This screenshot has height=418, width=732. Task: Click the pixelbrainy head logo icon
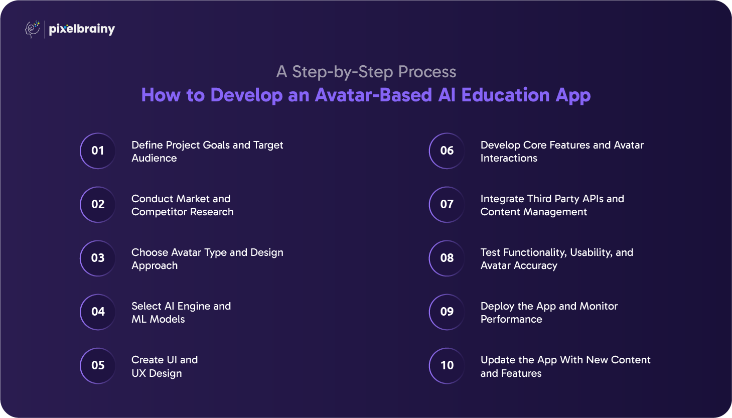(x=32, y=29)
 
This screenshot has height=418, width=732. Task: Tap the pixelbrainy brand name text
(x=82, y=30)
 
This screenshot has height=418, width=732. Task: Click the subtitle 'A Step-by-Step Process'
(x=366, y=72)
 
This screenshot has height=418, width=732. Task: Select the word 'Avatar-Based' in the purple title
(x=373, y=95)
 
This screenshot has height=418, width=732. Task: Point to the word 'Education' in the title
(x=505, y=95)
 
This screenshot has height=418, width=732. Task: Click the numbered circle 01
(x=98, y=151)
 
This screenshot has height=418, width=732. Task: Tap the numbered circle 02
(x=98, y=204)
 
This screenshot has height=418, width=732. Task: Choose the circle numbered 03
(x=98, y=258)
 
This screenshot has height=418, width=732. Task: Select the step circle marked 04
(x=98, y=312)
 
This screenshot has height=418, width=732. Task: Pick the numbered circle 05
(x=98, y=365)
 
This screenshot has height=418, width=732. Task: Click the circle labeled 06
(x=447, y=151)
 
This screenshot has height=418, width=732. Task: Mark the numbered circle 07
(x=447, y=204)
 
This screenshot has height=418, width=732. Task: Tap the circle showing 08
(x=447, y=258)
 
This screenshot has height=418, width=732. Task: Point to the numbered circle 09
(x=447, y=312)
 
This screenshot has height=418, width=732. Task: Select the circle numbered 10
(x=447, y=365)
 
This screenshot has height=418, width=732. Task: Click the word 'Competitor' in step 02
(x=159, y=212)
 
